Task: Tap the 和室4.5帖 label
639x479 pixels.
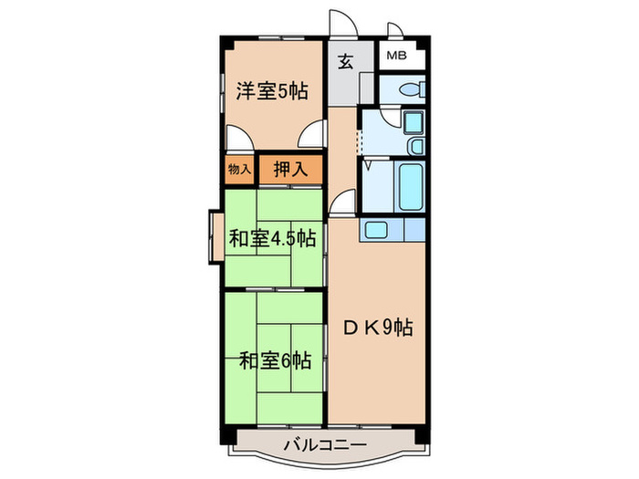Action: [272, 239]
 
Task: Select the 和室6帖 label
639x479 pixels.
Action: [275, 360]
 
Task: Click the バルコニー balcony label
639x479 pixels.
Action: [323, 445]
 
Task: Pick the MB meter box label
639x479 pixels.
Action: [396, 57]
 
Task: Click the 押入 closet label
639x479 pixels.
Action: [291, 168]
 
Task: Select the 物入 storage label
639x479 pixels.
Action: [237, 169]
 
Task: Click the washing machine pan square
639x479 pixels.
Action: [413, 122]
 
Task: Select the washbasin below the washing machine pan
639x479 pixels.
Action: [415, 146]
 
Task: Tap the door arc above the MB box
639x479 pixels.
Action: [394, 31]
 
